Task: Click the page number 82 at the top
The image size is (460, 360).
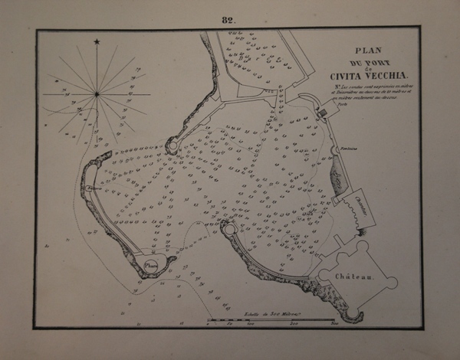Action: point(228,20)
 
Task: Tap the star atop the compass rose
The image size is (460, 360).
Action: point(97,41)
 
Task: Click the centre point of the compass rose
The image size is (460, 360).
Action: point(97,94)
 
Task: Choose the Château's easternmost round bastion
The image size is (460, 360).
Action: point(392,282)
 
